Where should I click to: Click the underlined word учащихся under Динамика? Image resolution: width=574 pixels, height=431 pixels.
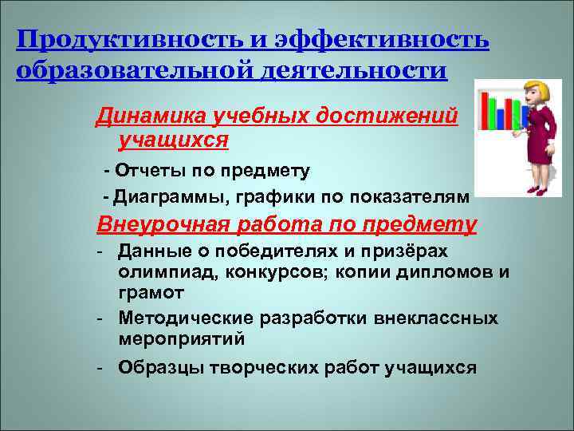click(x=173, y=141)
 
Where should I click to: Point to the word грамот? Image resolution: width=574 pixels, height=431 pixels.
click(x=146, y=291)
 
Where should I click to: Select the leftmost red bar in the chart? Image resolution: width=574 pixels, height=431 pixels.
click(x=485, y=113)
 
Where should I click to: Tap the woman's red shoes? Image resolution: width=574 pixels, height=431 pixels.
click(x=535, y=190)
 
